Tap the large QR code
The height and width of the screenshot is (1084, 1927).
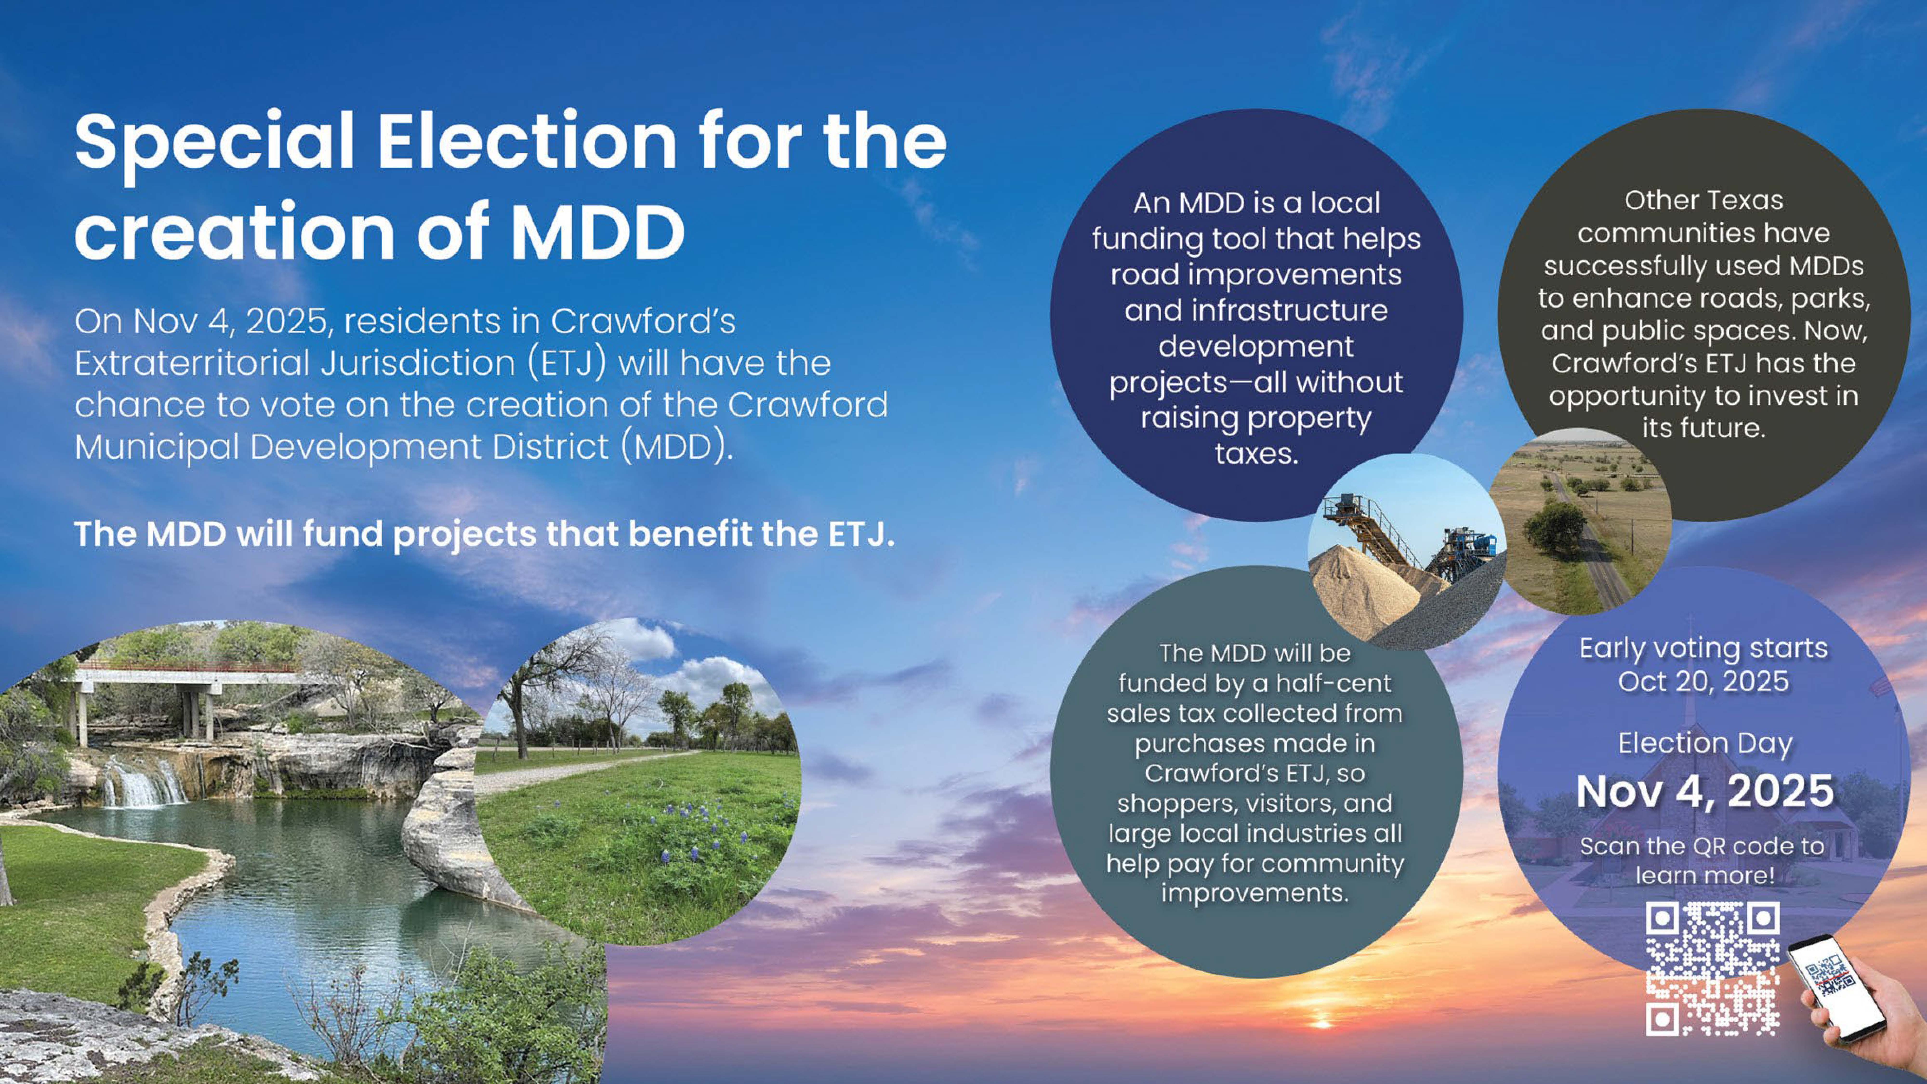pos(1712,969)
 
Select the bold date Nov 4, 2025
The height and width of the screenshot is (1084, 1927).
pos(1705,791)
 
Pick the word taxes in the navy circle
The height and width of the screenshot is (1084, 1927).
pos(1256,453)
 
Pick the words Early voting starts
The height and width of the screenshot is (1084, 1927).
pos(1703,648)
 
